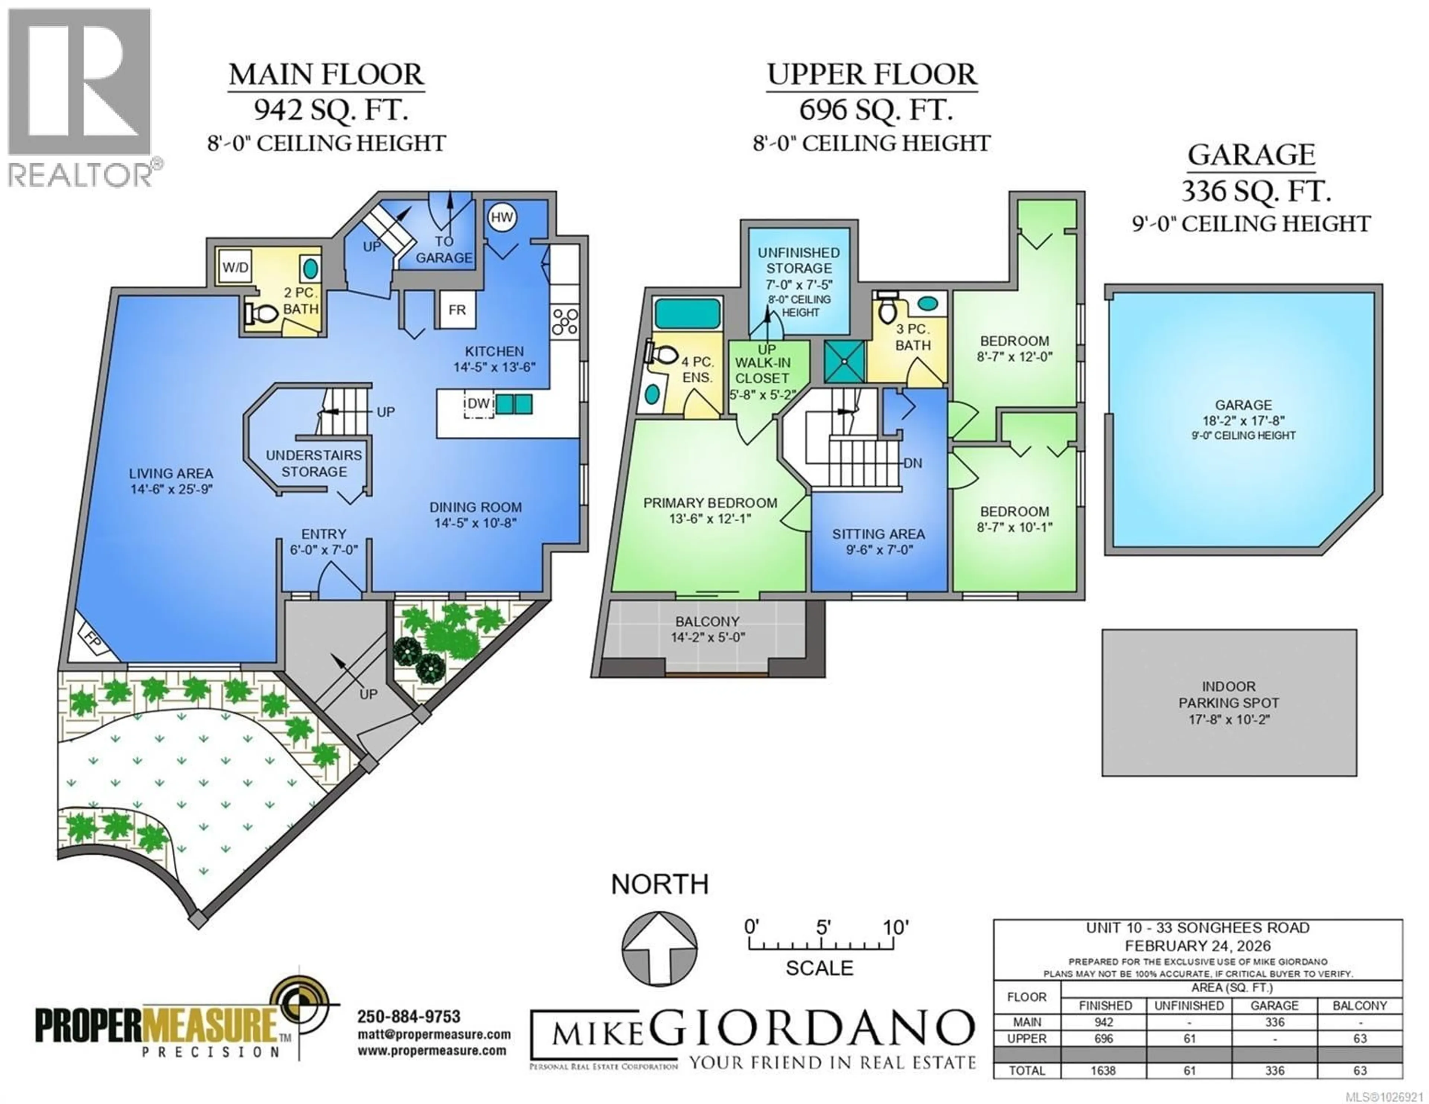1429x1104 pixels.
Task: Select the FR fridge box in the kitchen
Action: pos(457,310)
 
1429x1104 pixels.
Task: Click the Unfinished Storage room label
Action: pos(799,260)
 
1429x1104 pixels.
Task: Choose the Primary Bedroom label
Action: pos(710,503)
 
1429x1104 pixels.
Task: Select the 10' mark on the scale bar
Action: pos(895,927)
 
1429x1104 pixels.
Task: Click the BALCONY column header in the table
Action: pos(1360,1006)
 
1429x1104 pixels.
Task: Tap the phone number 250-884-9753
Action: pos(408,1016)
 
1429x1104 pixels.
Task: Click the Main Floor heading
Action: pos(326,74)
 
